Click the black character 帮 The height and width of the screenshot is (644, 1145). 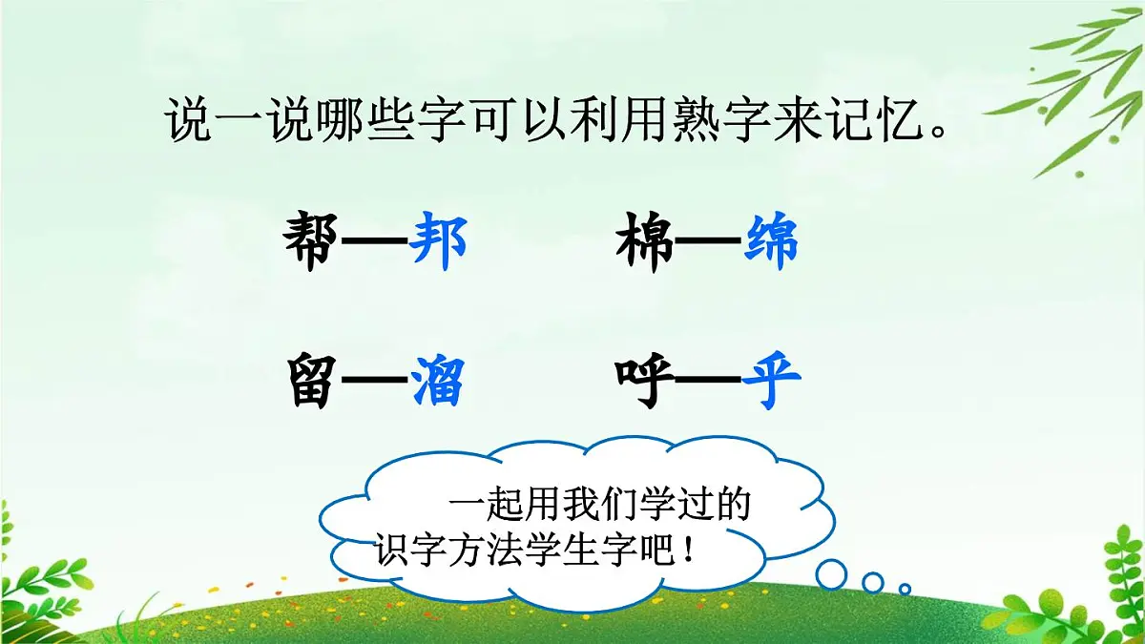click(x=311, y=243)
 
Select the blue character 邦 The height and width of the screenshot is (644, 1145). click(x=438, y=243)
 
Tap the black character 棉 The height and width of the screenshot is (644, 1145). click(x=645, y=243)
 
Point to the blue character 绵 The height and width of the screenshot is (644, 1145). click(x=771, y=243)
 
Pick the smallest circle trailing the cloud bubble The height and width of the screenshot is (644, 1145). click(x=905, y=589)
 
